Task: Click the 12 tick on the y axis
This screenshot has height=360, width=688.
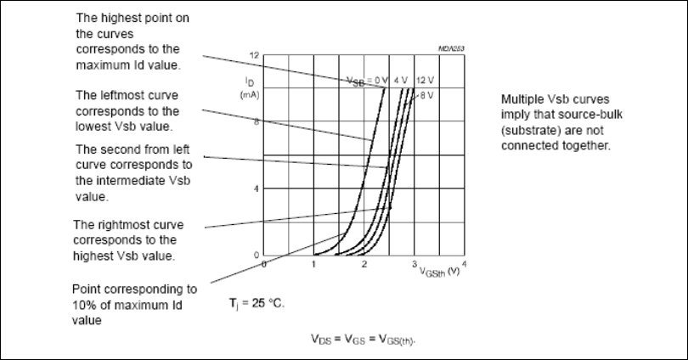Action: (x=253, y=55)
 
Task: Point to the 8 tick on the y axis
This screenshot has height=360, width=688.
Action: (x=255, y=121)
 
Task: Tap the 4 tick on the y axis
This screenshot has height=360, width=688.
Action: (x=255, y=188)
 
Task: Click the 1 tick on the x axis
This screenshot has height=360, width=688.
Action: (x=313, y=265)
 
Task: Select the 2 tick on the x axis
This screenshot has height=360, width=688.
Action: (x=364, y=265)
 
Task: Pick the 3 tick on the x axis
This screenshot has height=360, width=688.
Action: (x=414, y=265)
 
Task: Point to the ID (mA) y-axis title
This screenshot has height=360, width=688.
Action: (x=250, y=87)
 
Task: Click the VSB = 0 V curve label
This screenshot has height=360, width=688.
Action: (x=366, y=81)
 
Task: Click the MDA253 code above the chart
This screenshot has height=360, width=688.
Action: (x=449, y=50)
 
